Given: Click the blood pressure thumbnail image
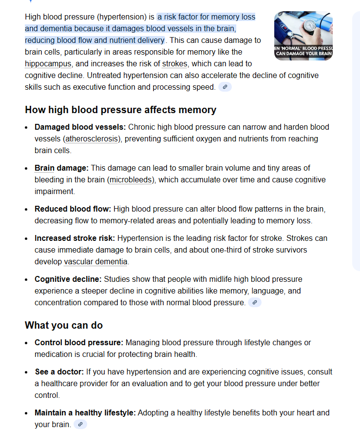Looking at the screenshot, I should (303, 36).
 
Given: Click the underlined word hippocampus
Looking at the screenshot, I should (48, 64).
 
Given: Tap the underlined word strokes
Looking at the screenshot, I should (174, 64).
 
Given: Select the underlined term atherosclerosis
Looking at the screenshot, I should (93, 139).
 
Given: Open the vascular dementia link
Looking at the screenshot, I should (95, 262).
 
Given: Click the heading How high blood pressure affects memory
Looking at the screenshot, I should (120, 110).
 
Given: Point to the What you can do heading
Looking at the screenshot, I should (64, 325).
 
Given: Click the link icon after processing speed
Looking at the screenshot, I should (225, 87).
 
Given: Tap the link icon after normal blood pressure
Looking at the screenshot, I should (254, 303).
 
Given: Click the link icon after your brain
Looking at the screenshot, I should (80, 425).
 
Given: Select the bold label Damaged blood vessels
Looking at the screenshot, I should (80, 127).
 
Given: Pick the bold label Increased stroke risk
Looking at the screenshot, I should (75, 238).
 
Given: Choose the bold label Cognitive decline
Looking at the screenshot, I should (68, 279).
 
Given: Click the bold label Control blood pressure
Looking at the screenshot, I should (78, 343).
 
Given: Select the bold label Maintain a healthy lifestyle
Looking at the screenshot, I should (85, 413).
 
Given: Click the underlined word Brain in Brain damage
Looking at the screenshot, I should (44, 168).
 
